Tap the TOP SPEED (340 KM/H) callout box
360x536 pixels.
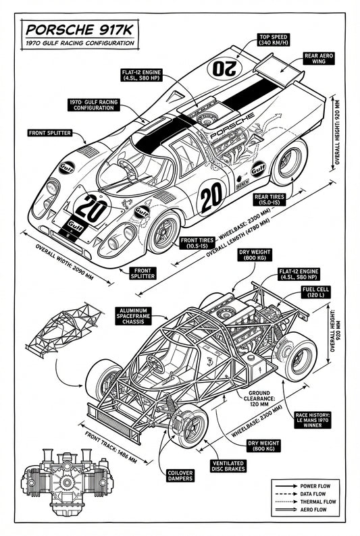[x=275, y=39]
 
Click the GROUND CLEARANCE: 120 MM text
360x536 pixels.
[x=259, y=399]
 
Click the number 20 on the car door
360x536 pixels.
[x=211, y=196]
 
